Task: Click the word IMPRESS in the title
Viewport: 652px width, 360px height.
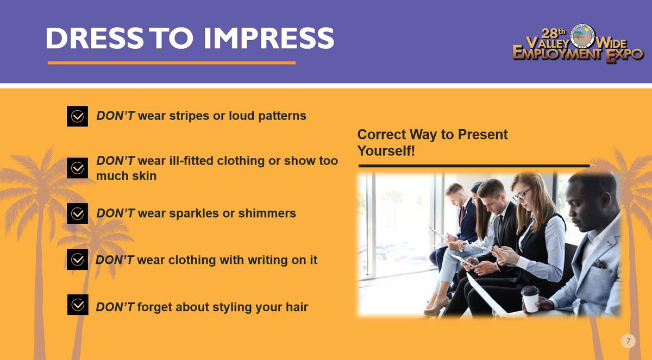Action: click(268, 38)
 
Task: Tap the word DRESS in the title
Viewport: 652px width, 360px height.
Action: click(95, 38)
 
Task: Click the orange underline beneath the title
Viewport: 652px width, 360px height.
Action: click(172, 63)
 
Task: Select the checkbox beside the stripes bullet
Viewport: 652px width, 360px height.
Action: click(77, 116)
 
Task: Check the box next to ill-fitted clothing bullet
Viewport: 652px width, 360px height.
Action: click(77, 168)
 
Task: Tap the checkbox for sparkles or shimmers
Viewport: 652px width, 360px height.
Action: click(77, 214)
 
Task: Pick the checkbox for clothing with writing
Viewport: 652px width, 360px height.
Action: click(77, 260)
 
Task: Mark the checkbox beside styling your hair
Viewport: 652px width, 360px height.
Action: click(78, 305)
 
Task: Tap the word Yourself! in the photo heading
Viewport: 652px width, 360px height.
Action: click(386, 151)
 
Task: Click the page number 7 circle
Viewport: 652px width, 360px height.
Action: click(628, 341)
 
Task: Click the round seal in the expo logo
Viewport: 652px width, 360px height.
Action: click(582, 36)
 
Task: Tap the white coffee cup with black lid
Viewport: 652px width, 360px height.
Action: click(530, 299)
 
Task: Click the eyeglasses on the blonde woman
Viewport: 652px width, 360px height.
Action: click(522, 195)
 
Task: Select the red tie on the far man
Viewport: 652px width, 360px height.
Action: click(462, 214)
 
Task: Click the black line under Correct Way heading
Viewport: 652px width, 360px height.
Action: click(474, 166)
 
